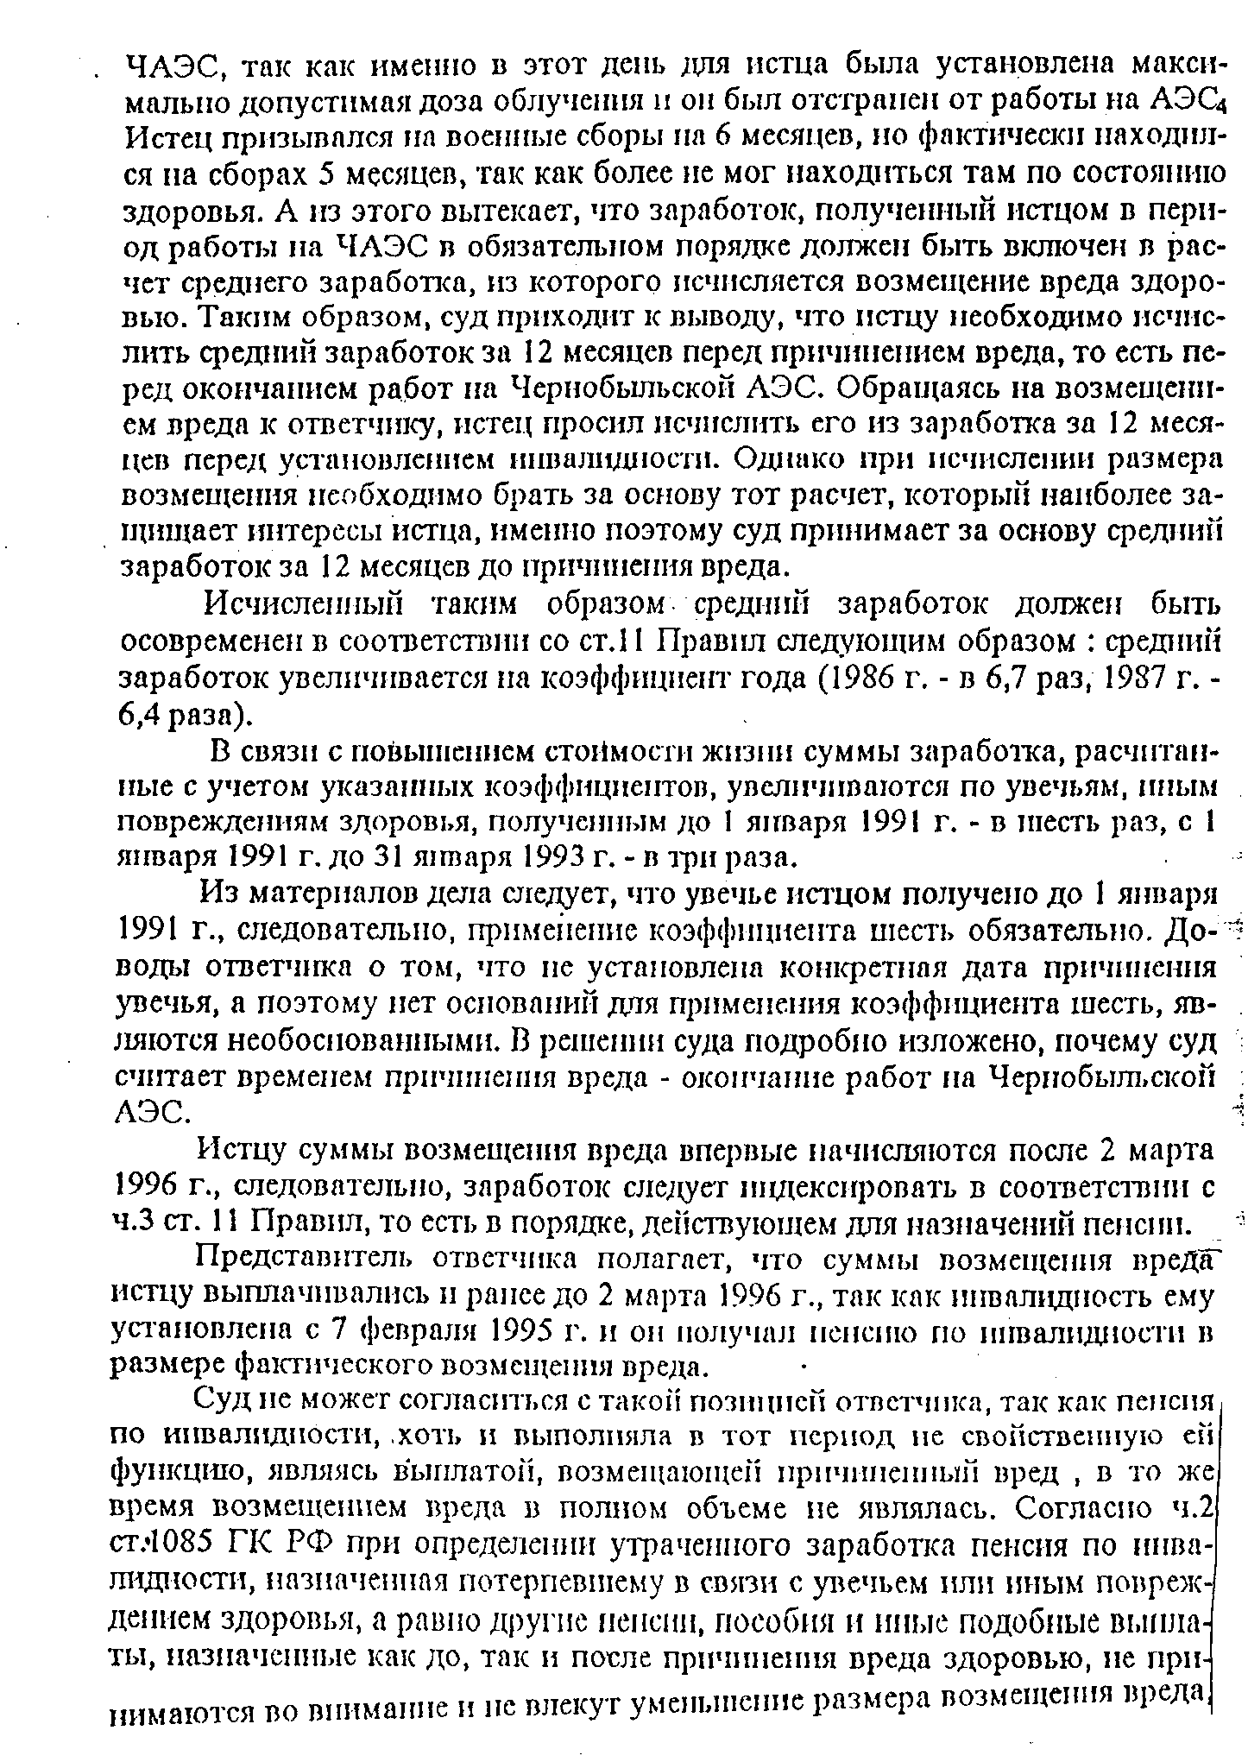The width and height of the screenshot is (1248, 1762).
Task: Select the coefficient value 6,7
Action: (x=986, y=679)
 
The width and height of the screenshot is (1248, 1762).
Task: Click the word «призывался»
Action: (x=271, y=136)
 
